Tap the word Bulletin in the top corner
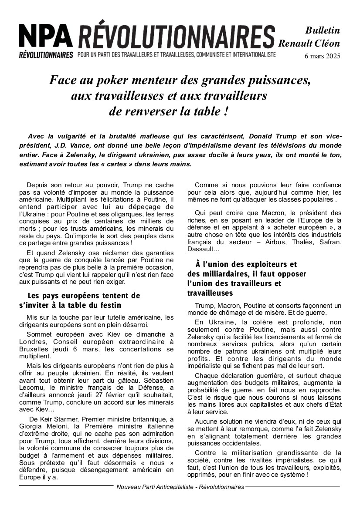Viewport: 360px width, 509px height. pyautogui.click(x=323, y=30)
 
